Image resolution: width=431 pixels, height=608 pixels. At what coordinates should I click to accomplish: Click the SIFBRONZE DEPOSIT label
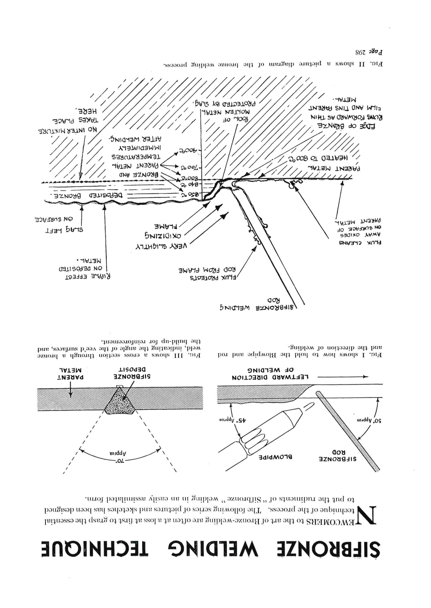tap(132, 373)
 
